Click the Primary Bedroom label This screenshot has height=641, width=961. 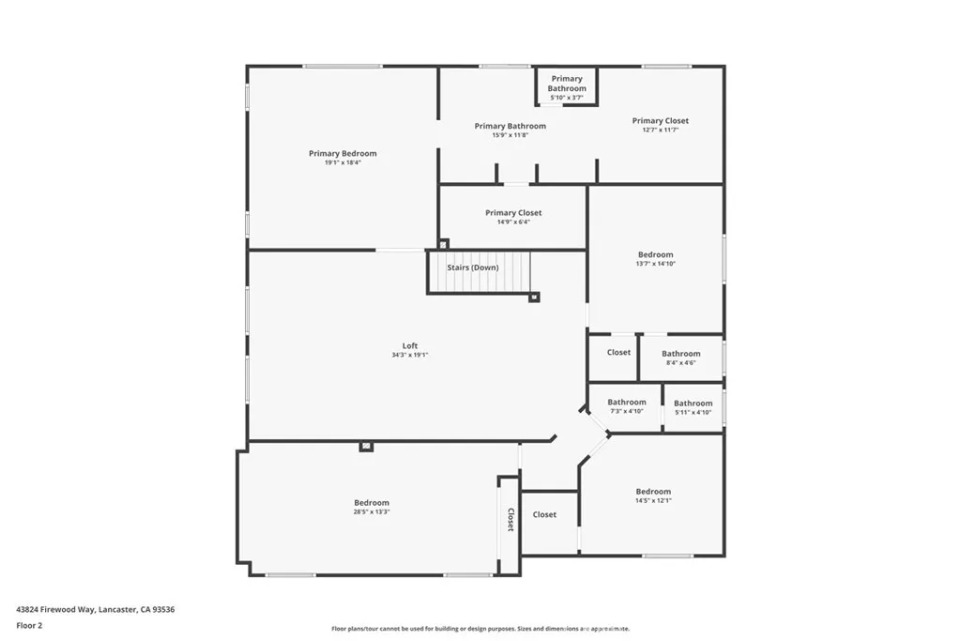pos(343,154)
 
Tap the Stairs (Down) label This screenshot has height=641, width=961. pos(473,267)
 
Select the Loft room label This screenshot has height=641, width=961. pos(410,345)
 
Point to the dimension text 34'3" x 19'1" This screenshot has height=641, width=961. pos(410,356)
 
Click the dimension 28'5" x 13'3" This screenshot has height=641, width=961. pos(372,512)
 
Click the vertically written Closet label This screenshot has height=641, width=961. pos(511,520)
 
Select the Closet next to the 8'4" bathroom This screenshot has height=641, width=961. pos(618,353)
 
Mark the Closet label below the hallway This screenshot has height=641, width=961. pos(544,514)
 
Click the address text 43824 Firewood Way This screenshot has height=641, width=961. pos(95,609)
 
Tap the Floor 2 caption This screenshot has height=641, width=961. pos(29,625)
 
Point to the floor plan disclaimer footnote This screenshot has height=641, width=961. pos(480,629)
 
